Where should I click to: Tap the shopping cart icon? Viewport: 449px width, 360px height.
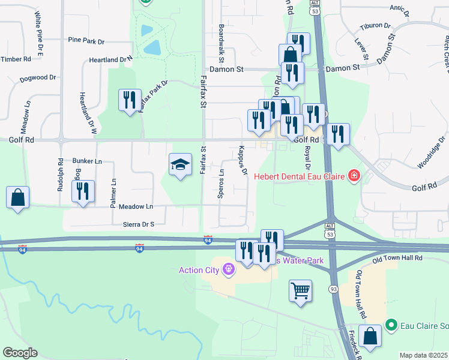(x=300, y=292)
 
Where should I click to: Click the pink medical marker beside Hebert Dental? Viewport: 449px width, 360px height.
(x=354, y=176)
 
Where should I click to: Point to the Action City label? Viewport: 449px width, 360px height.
(x=199, y=270)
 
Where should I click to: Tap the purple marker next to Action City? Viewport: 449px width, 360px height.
(x=228, y=270)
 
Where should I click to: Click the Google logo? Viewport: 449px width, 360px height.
(x=20, y=353)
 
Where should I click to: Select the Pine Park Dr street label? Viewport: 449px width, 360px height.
(x=86, y=41)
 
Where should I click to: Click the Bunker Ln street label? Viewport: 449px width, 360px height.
(x=87, y=161)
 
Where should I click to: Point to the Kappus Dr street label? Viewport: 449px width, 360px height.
(x=243, y=160)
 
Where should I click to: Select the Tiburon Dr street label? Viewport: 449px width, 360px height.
(x=375, y=26)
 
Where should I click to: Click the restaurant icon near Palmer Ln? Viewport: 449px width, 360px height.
(x=83, y=191)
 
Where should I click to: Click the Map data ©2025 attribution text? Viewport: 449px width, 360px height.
(x=423, y=355)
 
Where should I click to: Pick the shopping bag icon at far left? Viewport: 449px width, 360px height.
(x=18, y=197)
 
